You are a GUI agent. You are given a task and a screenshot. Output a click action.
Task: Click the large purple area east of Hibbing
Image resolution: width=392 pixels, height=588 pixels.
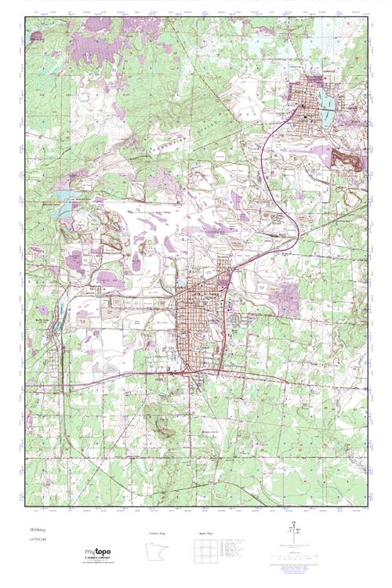click(288, 299)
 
